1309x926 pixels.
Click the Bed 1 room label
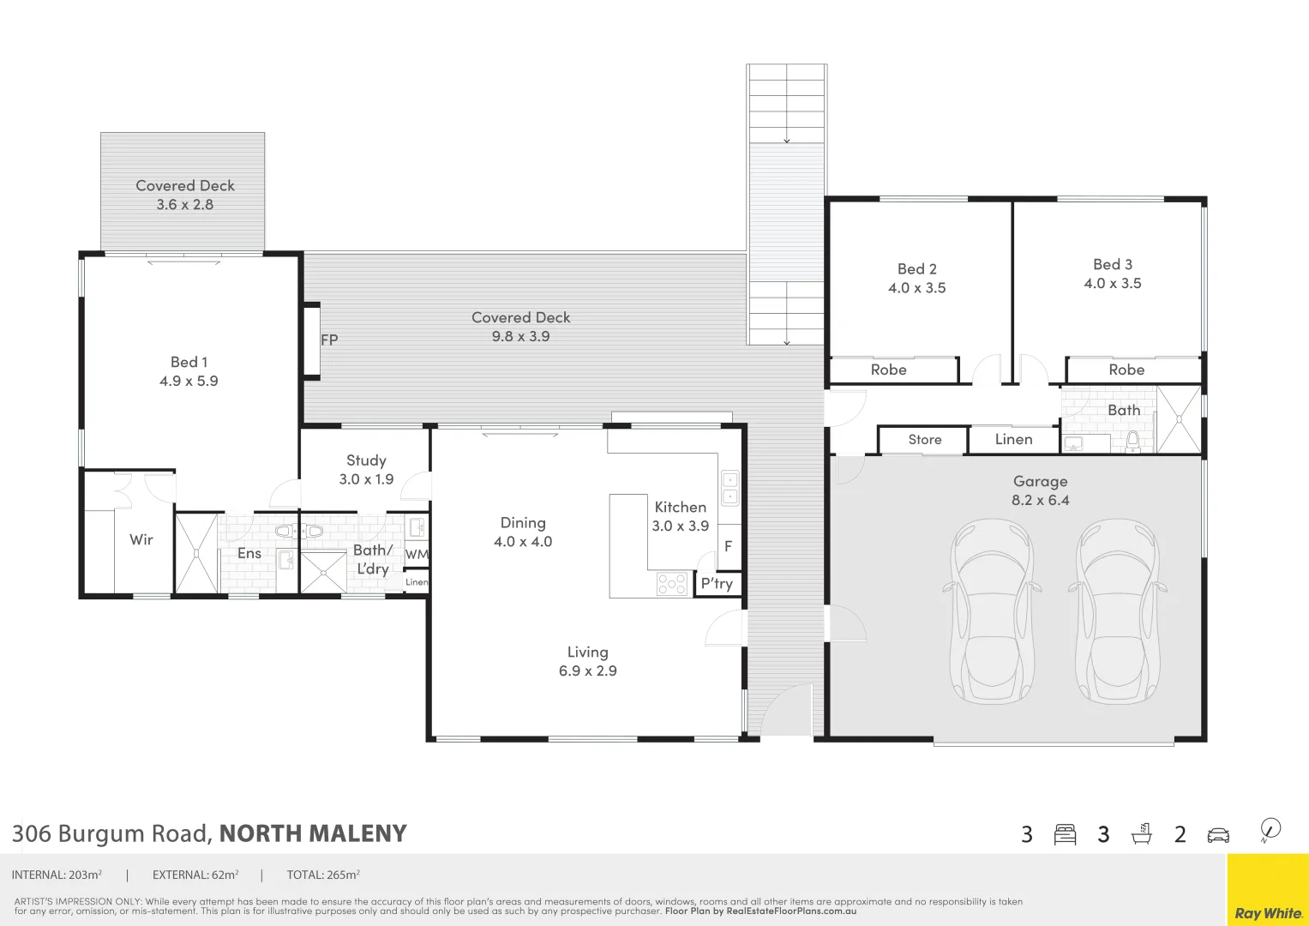tap(189, 363)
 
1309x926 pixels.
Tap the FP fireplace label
tap(329, 340)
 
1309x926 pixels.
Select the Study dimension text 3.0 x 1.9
tap(366, 479)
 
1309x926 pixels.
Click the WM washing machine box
tap(417, 554)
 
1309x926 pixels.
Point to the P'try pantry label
tap(717, 584)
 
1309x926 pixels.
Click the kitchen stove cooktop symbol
tap(672, 584)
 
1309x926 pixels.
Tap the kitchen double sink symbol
tap(730, 489)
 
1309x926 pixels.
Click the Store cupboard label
tap(925, 440)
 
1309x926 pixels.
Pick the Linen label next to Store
tap(1013, 440)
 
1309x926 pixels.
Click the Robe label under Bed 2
tap(888, 370)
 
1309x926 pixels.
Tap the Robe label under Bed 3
tap(1126, 370)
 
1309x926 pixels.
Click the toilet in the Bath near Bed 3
tap(1132, 442)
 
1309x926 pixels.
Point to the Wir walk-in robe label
tap(141, 539)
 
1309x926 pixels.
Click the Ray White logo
tap(1268, 913)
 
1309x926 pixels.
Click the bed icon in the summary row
tap(1065, 834)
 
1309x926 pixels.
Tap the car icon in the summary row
tap(1217, 835)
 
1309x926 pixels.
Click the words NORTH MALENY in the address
tap(313, 834)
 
